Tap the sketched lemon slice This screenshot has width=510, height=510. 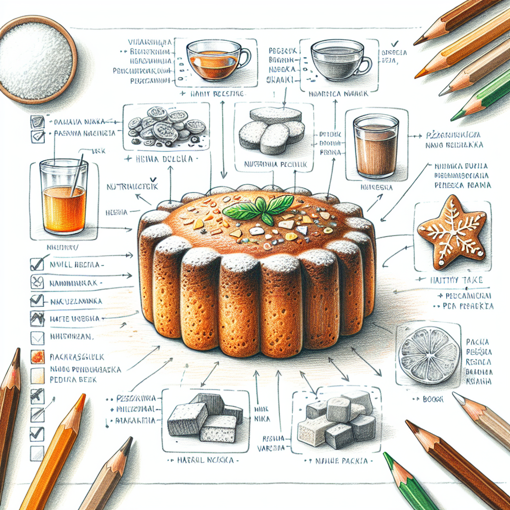429,355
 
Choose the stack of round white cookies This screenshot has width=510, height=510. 272,129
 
